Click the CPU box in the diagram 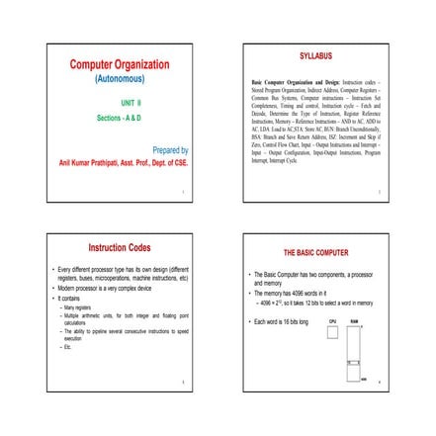tap(332, 333)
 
